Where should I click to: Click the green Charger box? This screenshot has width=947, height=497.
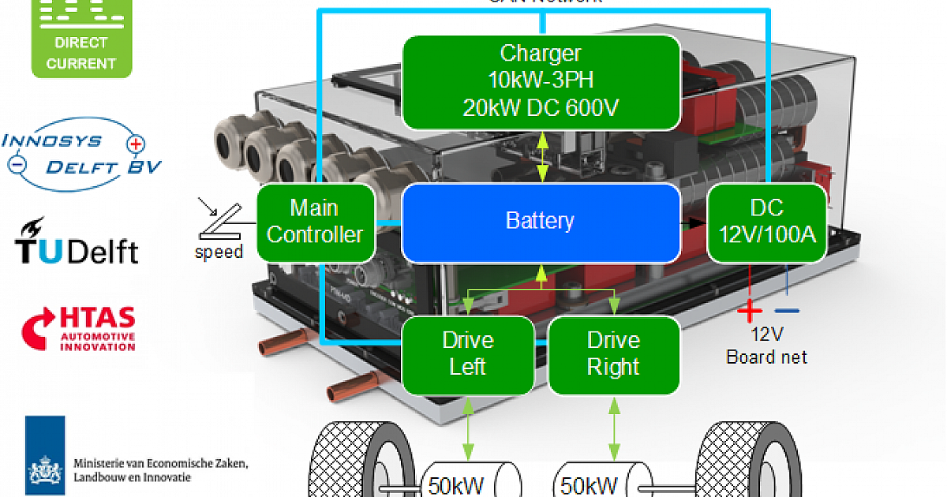(x=541, y=81)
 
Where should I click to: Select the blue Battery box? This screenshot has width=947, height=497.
(x=541, y=222)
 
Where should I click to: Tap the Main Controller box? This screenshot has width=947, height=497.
(x=316, y=222)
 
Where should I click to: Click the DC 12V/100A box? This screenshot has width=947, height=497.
(x=766, y=222)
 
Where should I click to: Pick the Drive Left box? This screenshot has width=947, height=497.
(x=468, y=354)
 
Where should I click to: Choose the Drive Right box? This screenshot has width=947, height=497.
(x=613, y=354)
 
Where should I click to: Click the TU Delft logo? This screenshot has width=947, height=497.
(x=77, y=241)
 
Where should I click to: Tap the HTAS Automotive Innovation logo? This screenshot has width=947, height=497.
(x=80, y=328)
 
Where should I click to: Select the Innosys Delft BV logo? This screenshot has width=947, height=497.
(x=82, y=155)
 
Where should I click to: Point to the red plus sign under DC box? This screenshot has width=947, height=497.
(x=749, y=311)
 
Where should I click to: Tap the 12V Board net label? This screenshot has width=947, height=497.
(x=766, y=346)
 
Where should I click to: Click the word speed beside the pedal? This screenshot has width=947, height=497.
(x=219, y=252)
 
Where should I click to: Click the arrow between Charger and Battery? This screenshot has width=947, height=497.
(x=541, y=156)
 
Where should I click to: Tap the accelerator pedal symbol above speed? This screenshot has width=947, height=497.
(x=222, y=222)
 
